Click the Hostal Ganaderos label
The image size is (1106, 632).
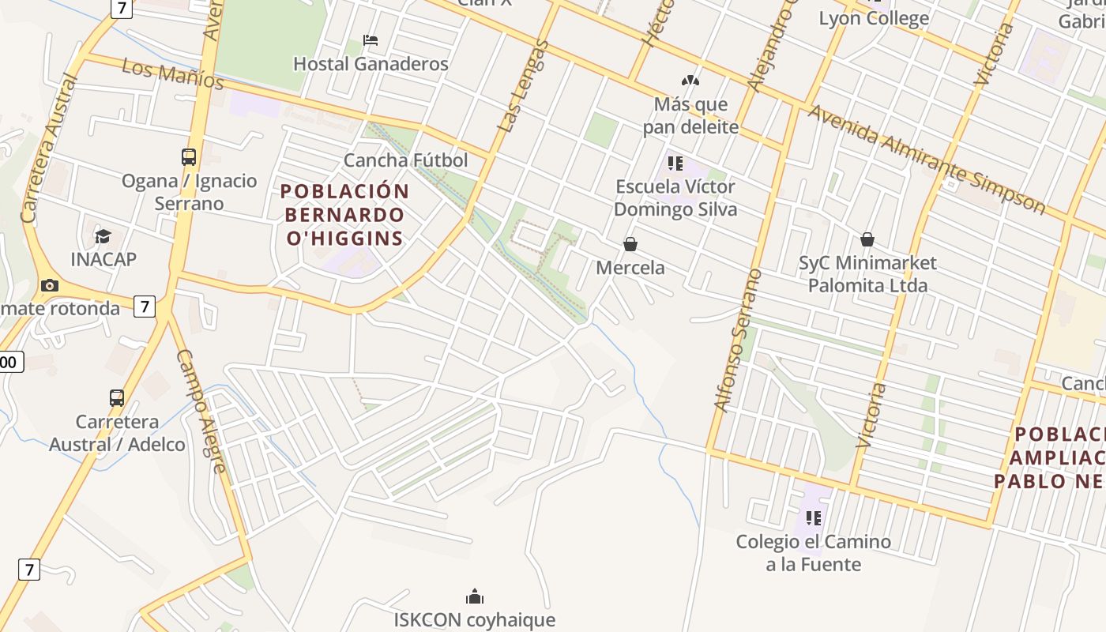(x=371, y=64)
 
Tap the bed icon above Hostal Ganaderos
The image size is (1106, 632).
(x=371, y=39)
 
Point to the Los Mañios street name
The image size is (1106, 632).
(x=173, y=74)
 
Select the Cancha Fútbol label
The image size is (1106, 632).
(x=405, y=160)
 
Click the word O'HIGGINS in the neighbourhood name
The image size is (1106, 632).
(x=344, y=238)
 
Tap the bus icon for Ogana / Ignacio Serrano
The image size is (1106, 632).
(x=189, y=156)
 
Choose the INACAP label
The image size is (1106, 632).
(x=103, y=259)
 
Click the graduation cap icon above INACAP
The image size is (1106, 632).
(x=103, y=236)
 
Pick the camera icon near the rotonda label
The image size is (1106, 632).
(x=50, y=285)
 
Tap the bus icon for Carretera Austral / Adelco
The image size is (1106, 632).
(x=117, y=398)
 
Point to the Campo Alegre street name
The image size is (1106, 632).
(x=201, y=411)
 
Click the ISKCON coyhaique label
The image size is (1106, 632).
(x=474, y=619)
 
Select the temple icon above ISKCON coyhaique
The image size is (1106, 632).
(x=474, y=596)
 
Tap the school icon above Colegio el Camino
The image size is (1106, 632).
(x=813, y=518)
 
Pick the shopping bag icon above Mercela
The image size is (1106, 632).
(x=630, y=244)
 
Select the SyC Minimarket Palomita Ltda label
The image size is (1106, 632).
(x=867, y=273)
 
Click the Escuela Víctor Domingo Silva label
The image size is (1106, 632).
(x=675, y=197)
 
